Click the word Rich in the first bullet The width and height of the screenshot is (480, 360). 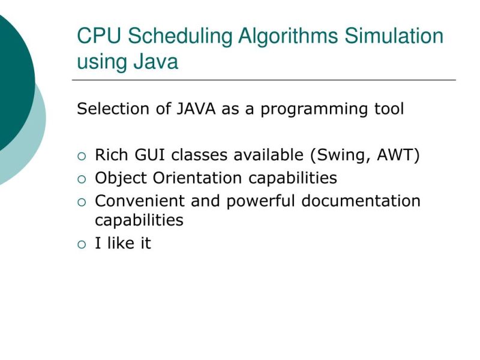pyautogui.click(x=109, y=155)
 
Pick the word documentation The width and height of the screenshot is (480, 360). pyautogui.click(x=361, y=201)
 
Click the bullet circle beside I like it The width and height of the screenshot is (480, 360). pyautogui.click(x=82, y=244)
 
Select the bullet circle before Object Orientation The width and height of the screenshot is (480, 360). pyautogui.click(x=82, y=179)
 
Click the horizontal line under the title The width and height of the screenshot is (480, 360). pyautogui.click(x=264, y=80)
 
